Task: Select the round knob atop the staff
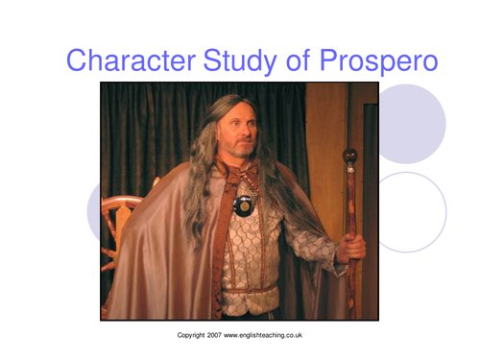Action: (x=349, y=156)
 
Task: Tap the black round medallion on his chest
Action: (x=244, y=204)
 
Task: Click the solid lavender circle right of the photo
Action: (x=408, y=124)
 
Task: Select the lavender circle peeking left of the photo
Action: (x=93, y=211)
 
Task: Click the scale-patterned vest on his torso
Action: (x=252, y=250)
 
